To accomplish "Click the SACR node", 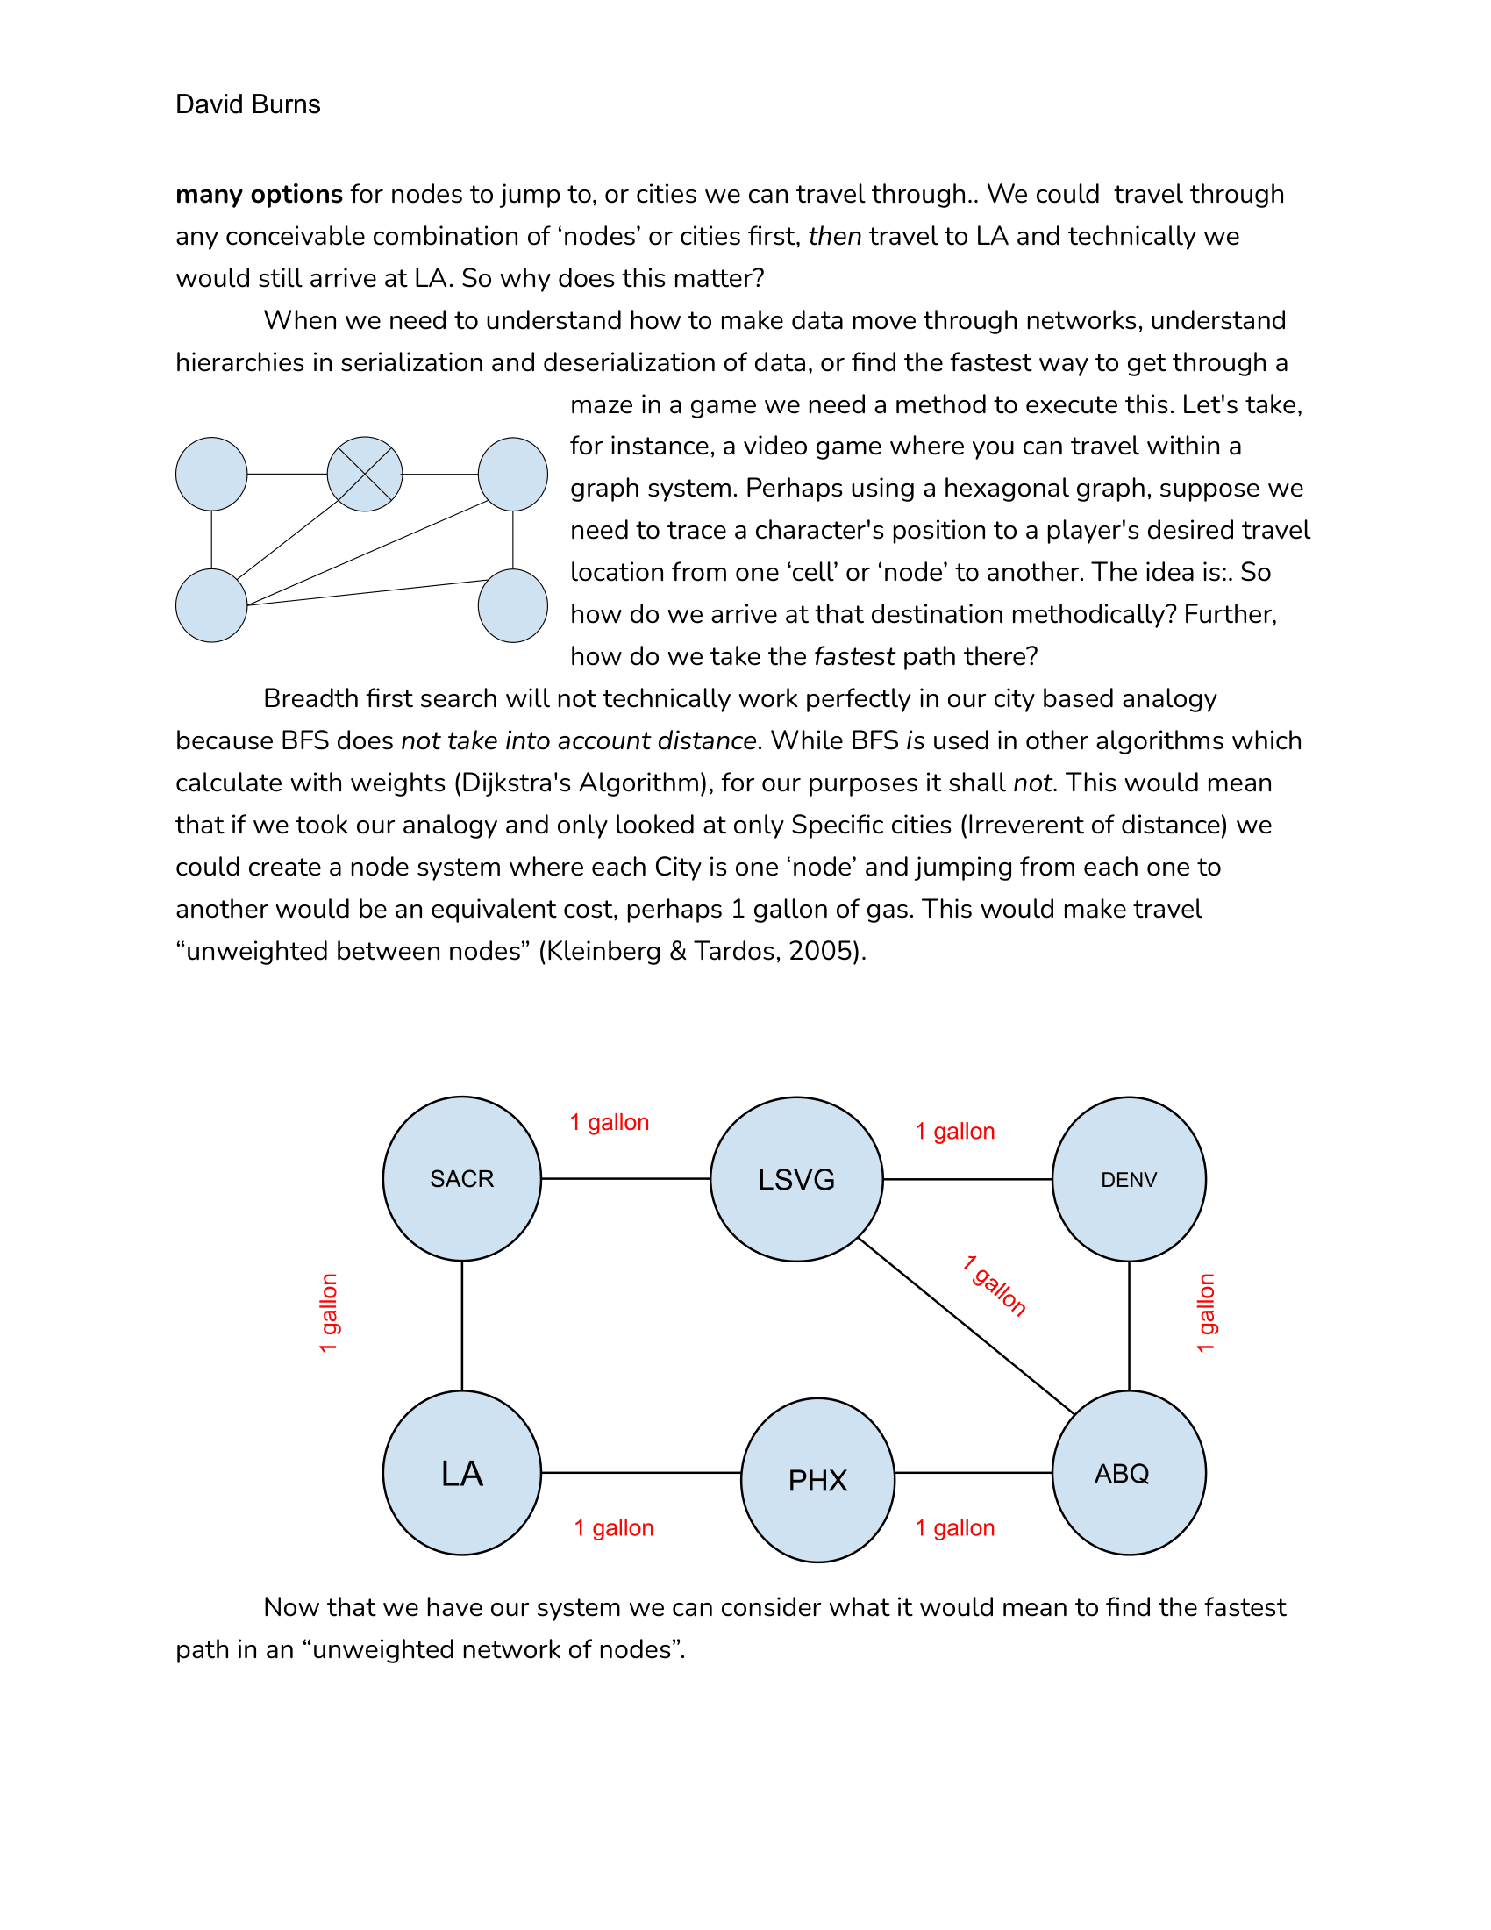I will pos(461,1178).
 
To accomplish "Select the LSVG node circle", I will pos(795,1179).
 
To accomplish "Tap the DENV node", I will pos(1128,1179).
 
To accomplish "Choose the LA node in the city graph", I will pos(461,1473).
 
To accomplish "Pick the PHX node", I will pos(817,1480).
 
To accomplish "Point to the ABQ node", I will pos(1128,1473).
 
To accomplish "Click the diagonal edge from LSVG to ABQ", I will pos(966,1326).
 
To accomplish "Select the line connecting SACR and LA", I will pos(462,1326).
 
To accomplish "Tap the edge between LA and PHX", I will pos(640,1472).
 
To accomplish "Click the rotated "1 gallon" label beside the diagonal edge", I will pos(995,1286).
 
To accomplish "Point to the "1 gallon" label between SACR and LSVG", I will pos(610,1122).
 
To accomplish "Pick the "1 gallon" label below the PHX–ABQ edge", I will pos(955,1528).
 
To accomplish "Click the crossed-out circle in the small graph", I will pos(365,474).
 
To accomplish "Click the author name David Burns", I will pos(248,104).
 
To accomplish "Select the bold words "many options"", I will pos(259,195).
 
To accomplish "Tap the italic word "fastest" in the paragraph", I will pos(854,656).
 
